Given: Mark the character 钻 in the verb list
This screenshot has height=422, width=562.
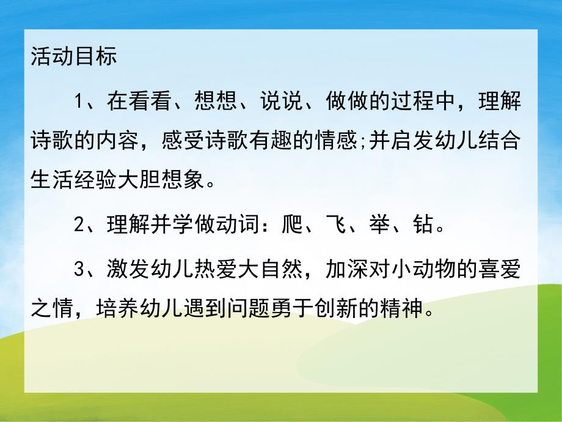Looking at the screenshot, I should click(x=426, y=226).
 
